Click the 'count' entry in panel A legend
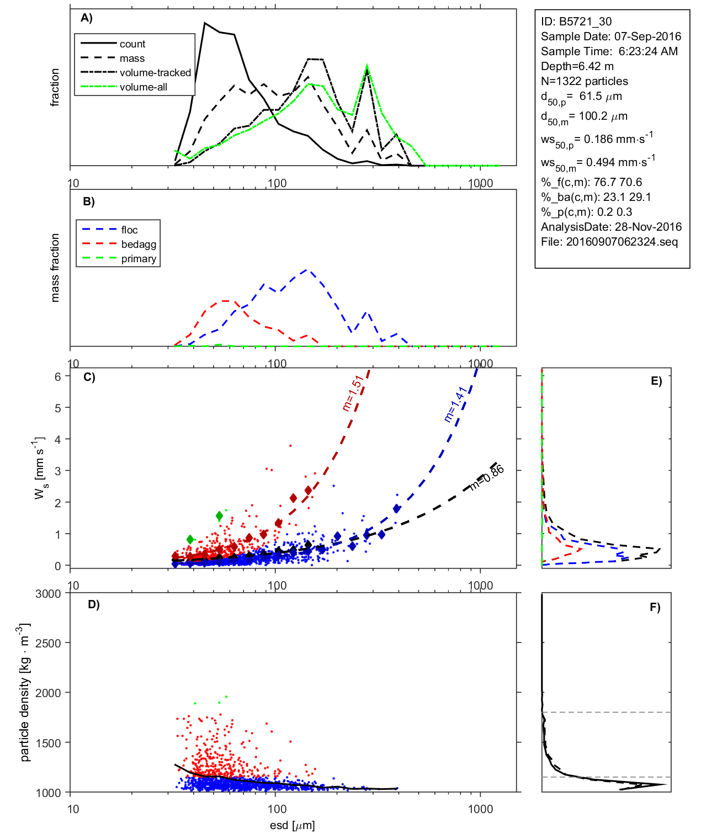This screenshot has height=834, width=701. point(132,44)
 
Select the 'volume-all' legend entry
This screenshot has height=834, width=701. point(144,87)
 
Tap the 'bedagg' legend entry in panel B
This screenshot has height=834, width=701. point(139,245)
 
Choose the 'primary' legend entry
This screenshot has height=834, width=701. point(139,259)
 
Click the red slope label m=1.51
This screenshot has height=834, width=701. point(352,393)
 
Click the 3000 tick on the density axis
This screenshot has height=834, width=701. point(48,594)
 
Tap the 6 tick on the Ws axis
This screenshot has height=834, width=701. point(57,376)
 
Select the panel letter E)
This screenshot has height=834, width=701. point(656,381)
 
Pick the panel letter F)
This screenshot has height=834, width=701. point(655,607)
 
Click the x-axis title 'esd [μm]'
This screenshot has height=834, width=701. point(292,825)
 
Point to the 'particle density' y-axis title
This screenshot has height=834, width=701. point(24,693)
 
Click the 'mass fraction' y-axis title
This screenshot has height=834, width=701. point(55,268)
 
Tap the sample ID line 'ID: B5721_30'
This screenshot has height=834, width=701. point(576,22)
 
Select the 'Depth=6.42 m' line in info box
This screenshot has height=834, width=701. point(577,66)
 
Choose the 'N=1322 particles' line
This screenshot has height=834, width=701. point(585,81)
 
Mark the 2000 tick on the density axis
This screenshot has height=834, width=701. point(48,693)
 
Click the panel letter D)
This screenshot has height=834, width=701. point(94,604)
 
